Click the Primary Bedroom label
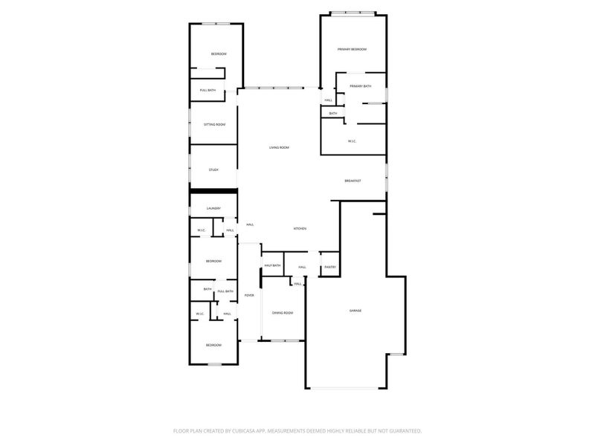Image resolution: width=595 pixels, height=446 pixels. pos(353,49)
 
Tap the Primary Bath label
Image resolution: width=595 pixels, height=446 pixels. pos(361,86)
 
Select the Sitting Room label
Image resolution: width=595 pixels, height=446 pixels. pos(214,124)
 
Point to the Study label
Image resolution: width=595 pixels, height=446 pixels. pos(213,169)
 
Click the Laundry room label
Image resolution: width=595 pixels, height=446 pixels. pos(213,208)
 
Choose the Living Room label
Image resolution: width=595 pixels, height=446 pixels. pos(279,147)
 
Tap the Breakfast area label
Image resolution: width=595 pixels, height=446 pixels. pos(353,181)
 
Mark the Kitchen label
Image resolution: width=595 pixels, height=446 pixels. pos(300,228)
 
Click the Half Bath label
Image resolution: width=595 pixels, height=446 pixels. pos(272,265)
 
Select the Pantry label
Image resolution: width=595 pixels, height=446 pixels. pos(330,267)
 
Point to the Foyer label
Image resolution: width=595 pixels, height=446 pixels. pos(249,295)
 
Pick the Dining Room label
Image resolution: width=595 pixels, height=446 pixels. pos(283,313)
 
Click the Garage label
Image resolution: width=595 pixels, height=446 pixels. pos(356,310)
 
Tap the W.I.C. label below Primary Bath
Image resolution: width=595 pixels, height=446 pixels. pos(353,140)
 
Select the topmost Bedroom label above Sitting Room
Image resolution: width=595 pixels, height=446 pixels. pos(218,54)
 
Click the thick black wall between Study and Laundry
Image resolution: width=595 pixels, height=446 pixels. pos(213,191)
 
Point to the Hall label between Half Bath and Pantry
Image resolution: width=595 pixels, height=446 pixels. pos(302,267)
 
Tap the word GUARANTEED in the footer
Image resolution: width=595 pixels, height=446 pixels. pos(402,430)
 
